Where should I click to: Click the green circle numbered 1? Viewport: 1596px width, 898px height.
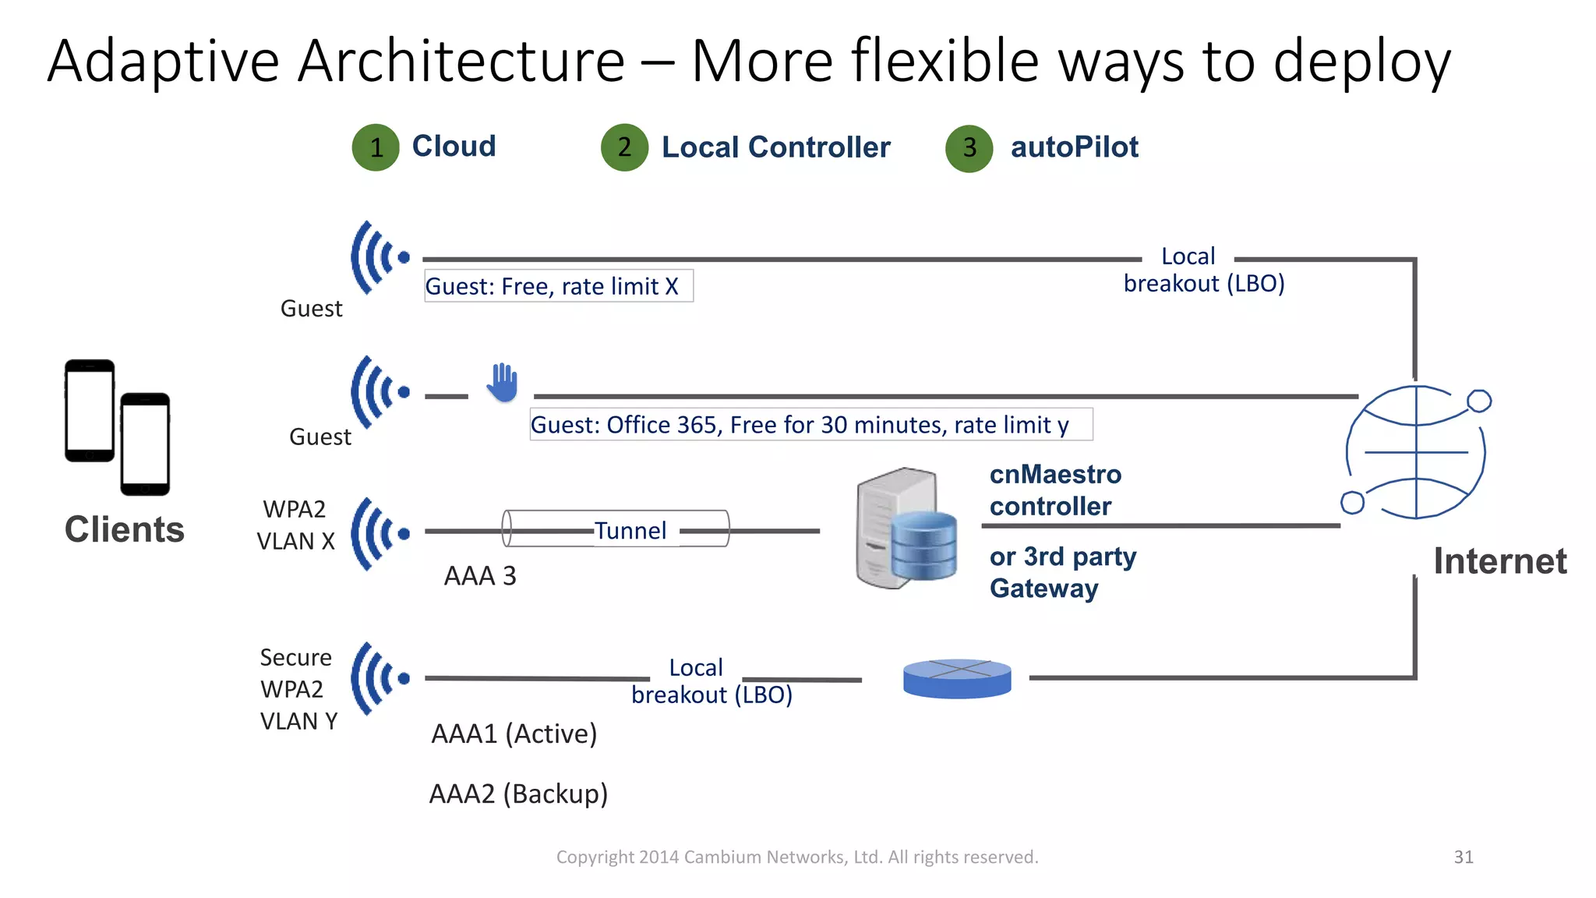pyautogui.click(x=376, y=147)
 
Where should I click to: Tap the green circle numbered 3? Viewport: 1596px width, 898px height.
pyautogui.click(x=969, y=148)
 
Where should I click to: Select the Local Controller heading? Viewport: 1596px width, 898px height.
pyautogui.click(x=775, y=147)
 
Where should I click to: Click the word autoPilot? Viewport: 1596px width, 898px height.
pyautogui.click(x=1074, y=147)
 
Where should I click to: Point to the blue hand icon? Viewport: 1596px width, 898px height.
pyautogui.click(x=503, y=383)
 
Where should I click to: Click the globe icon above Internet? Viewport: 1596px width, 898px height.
pyautogui.click(x=1415, y=452)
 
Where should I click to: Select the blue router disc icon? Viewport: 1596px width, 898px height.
pyautogui.click(x=957, y=678)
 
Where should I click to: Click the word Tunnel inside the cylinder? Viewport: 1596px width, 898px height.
pyautogui.click(x=630, y=531)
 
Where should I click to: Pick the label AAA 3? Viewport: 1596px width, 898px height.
pyautogui.click(x=480, y=576)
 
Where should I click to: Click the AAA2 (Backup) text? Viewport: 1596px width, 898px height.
pyautogui.click(x=518, y=794)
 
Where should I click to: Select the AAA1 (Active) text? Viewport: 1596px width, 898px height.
pyautogui.click(x=514, y=734)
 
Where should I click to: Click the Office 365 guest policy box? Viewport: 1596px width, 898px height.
pyautogui.click(x=810, y=425)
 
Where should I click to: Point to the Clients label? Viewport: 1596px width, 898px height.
pyautogui.click(x=125, y=530)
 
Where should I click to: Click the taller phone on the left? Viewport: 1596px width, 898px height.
pyautogui.click(x=89, y=411)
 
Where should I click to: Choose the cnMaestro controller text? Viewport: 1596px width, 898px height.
pyautogui.click(x=1055, y=490)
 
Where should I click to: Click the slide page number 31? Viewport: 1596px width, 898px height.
pyautogui.click(x=1463, y=857)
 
